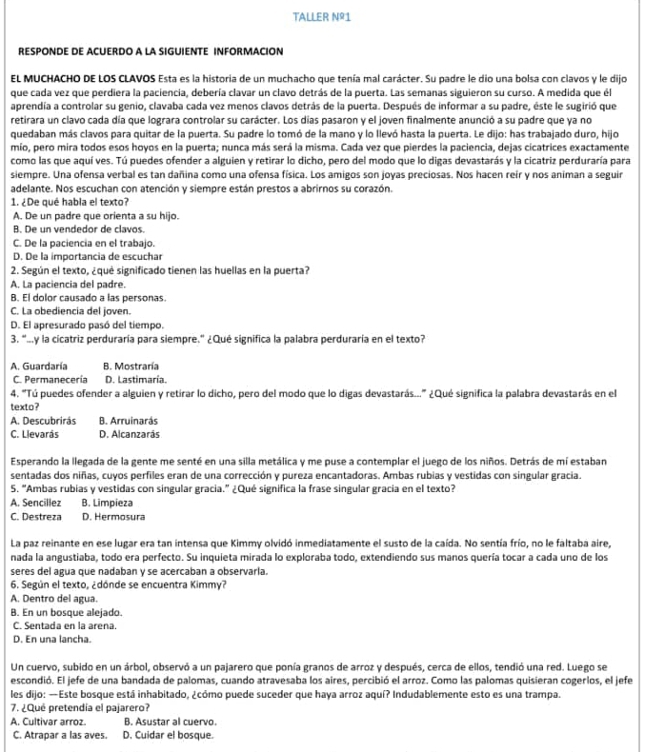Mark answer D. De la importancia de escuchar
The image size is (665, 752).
tap(88, 257)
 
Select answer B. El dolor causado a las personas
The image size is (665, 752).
tap(89, 297)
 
